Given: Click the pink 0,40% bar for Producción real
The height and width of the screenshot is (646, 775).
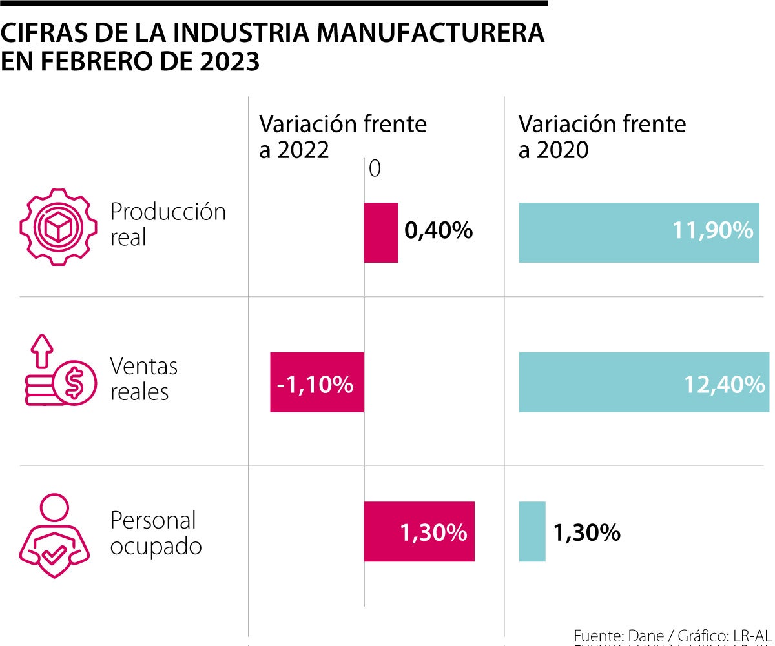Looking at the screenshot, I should click(x=380, y=232).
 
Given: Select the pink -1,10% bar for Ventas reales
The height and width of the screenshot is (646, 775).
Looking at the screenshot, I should click(x=316, y=382).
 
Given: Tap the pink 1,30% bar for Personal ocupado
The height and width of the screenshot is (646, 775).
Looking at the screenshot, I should click(x=418, y=531).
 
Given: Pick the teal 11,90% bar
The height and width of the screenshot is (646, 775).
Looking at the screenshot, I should click(x=639, y=232).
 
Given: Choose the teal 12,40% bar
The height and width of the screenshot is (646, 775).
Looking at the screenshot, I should click(x=644, y=382).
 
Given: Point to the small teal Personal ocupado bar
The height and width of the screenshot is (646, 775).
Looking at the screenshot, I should click(x=532, y=531).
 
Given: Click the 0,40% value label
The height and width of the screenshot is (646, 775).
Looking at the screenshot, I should click(x=439, y=230).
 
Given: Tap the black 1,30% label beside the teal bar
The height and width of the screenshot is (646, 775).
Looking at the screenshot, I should click(x=586, y=533).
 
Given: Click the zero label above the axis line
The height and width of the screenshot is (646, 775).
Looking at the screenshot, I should click(x=375, y=169).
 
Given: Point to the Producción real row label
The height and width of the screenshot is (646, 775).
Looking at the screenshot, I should click(x=168, y=224).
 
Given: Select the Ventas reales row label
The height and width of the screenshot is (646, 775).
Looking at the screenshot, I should click(x=143, y=379).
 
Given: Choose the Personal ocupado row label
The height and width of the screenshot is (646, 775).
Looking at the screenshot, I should click(x=156, y=533).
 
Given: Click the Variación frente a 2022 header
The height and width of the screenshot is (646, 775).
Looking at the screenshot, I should click(x=342, y=136).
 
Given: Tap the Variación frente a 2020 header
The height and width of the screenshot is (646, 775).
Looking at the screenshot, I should click(x=602, y=136).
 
